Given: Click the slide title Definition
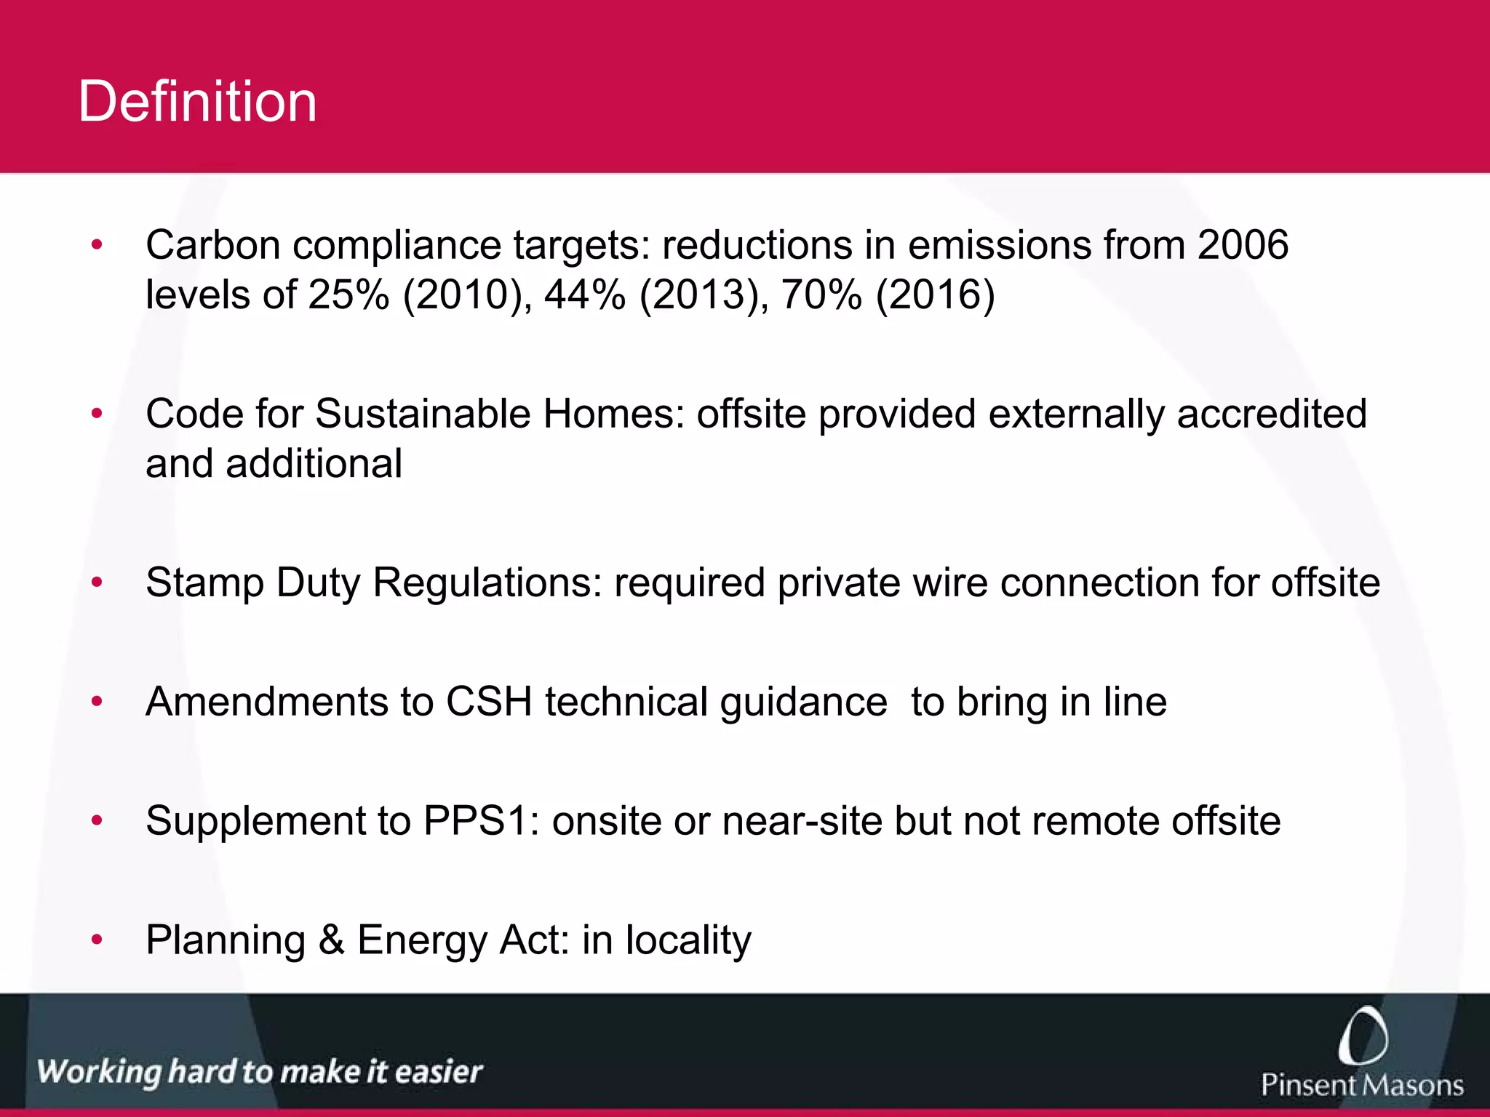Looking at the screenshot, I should (197, 102).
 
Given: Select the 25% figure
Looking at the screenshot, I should (348, 295).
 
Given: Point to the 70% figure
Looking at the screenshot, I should (821, 295).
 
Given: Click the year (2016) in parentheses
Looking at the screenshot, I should (935, 295).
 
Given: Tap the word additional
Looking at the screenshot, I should (314, 464).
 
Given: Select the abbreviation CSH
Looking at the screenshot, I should (489, 702).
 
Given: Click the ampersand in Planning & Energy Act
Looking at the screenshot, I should (331, 940).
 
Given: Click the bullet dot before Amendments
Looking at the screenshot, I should (97, 702).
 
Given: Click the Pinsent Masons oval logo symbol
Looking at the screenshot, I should (1362, 1036).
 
